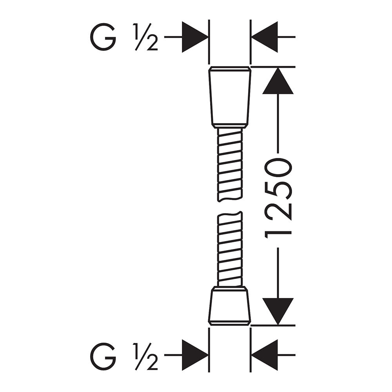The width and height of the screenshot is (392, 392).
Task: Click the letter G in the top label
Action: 103,37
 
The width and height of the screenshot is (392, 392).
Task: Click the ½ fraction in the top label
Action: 145,37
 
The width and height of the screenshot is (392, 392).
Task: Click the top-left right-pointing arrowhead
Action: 195,37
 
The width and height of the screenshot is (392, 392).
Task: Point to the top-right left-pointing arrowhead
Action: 264,37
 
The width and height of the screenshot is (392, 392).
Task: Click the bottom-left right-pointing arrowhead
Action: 195,355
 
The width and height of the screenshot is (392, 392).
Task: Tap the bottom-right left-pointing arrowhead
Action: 264,355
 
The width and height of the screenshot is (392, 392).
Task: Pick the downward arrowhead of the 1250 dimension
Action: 278,312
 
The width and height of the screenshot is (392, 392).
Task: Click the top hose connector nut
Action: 230,98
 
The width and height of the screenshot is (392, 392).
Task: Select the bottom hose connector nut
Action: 229,306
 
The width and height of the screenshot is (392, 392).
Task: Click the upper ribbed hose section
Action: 230,165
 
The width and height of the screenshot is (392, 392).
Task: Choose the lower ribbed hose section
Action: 230,249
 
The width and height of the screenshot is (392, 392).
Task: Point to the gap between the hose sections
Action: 230,207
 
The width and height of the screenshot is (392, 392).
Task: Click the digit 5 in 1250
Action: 278,190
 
